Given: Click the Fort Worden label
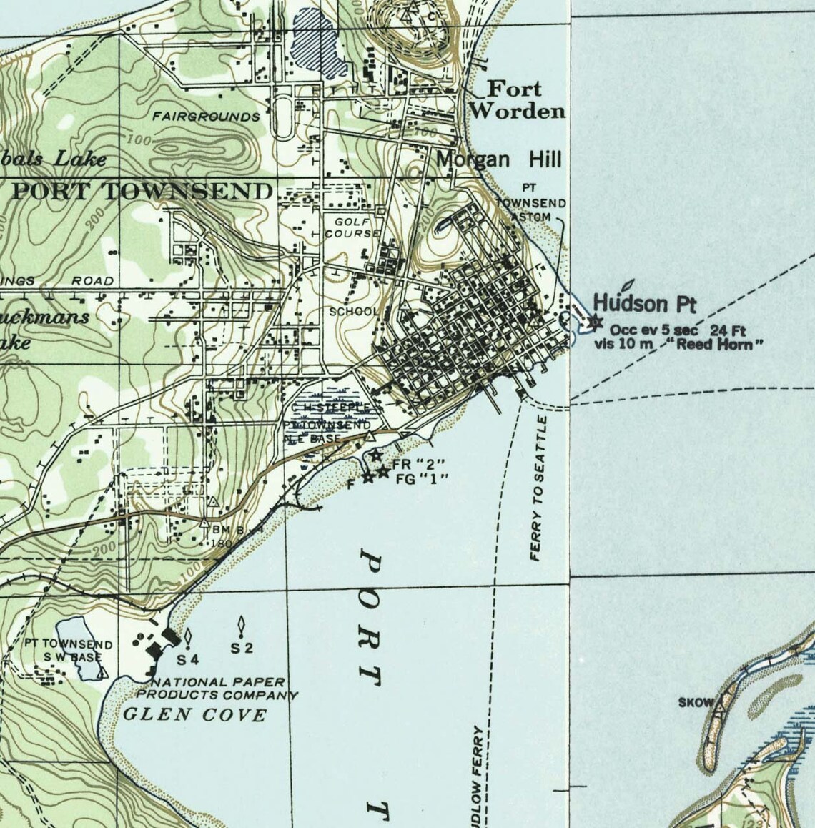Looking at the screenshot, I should point(517,100).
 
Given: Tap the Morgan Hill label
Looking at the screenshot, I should point(499,159).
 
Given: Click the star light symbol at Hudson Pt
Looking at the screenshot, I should point(594,322).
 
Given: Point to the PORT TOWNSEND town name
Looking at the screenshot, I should point(142,192).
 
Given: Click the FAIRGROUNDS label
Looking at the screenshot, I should point(206,116).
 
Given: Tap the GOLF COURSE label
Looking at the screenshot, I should point(352,228).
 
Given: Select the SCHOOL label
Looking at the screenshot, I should point(353,312).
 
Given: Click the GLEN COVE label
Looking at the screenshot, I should point(195,714).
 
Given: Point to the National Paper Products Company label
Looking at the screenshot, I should point(217,689).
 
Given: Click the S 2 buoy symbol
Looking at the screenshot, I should point(242,627).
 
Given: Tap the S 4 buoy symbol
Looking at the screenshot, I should point(187,635).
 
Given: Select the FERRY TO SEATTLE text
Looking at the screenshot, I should point(543,488).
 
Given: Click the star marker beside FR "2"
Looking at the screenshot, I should point(376,456).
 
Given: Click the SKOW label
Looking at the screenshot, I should point(696,702).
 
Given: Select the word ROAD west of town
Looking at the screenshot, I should point(93,281).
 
